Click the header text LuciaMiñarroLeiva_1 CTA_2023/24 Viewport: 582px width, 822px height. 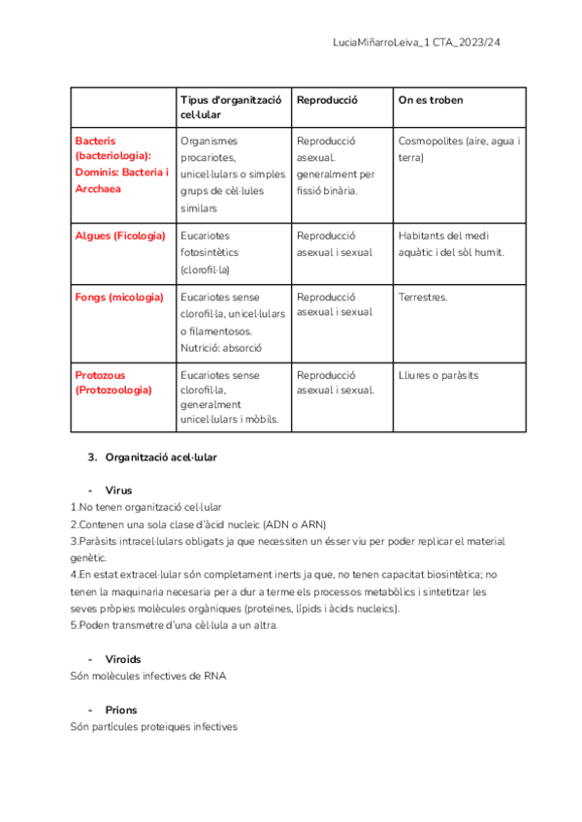click(x=416, y=43)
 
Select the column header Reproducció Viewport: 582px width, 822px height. click(x=328, y=100)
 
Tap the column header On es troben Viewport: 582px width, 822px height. click(x=431, y=100)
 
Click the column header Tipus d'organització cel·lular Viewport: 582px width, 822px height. click(x=231, y=108)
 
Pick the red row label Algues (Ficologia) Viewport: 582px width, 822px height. click(x=120, y=236)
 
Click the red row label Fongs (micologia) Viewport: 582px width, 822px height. click(x=119, y=297)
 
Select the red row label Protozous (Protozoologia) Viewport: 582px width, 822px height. click(x=113, y=382)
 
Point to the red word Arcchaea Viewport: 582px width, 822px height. click(x=98, y=189)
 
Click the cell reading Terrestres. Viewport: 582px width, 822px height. click(x=423, y=297)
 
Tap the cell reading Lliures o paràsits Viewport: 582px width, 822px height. click(x=438, y=375)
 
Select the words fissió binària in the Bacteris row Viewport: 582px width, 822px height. click(x=327, y=191)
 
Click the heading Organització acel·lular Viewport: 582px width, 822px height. click(x=160, y=457)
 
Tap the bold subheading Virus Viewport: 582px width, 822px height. click(x=118, y=490)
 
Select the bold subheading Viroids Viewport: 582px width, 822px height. click(x=123, y=659)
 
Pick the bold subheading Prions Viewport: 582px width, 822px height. click(x=120, y=710)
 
